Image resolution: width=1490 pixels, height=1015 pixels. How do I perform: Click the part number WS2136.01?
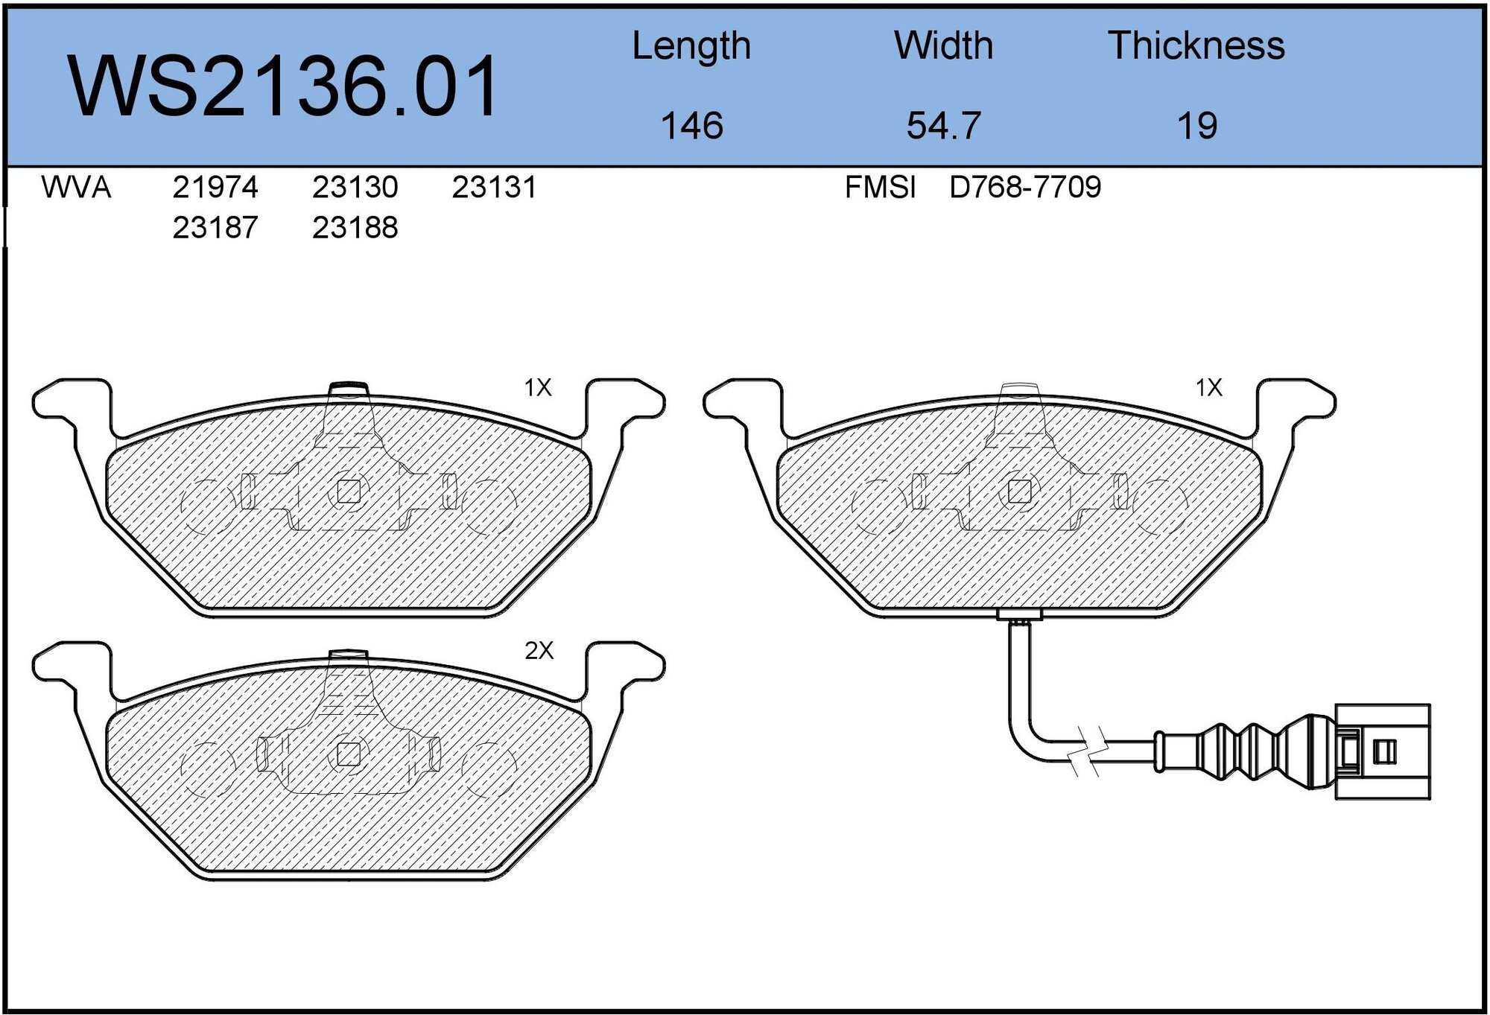click(283, 86)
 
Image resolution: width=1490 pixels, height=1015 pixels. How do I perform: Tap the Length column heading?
click(691, 46)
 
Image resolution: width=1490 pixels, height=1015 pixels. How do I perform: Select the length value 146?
click(691, 125)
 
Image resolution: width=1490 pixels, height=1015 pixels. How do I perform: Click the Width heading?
click(943, 46)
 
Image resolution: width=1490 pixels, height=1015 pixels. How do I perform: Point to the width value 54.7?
click(943, 125)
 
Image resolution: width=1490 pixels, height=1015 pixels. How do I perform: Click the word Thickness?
click(1196, 46)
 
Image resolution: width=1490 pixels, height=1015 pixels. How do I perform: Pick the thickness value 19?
click(1196, 125)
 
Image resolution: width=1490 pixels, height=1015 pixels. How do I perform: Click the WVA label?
click(76, 187)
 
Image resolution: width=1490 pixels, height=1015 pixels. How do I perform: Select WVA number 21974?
click(215, 187)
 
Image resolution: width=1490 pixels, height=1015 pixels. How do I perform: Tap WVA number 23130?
click(355, 187)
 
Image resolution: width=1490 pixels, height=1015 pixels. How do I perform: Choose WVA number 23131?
click(494, 187)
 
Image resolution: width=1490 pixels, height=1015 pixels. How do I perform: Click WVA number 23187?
click(215, 227)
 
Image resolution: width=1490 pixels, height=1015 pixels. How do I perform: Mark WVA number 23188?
click(355, 227)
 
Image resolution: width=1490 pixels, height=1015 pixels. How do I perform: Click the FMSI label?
click(880, 187)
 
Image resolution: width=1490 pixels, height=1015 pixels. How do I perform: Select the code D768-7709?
click(1024, 187)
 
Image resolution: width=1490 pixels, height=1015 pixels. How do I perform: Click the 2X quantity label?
click(539, 651)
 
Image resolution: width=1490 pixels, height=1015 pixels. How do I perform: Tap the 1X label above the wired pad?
click(1208, 387)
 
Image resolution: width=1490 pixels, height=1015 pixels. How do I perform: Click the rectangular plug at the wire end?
click(1382, 752)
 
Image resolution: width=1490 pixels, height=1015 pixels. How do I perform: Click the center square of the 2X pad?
click(348, 754)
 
